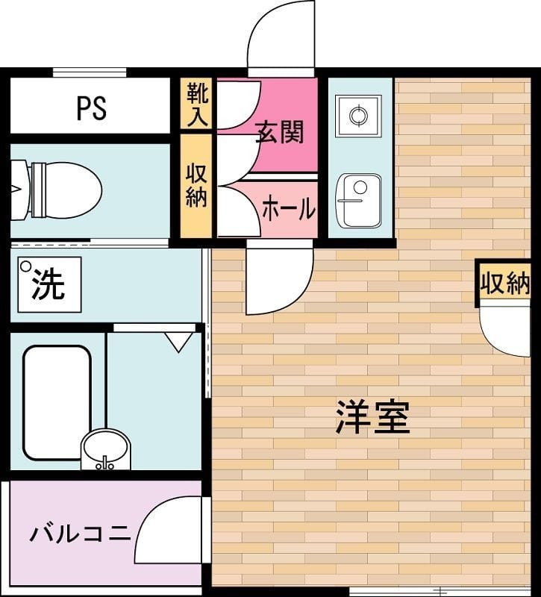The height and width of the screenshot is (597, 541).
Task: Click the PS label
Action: click(x=91, y=108)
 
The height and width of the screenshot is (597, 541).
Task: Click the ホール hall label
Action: click(x=289, y=208)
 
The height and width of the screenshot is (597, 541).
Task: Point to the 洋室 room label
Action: click(x=372, y=417)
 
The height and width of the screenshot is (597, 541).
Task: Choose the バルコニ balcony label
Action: click(x=80, y=533)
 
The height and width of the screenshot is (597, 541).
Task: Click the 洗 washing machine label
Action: click(x=48, y=286)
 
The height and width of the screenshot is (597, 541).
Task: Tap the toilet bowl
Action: click(x=57, y=190)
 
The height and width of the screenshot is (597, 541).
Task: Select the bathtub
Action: click(x=57, y=403)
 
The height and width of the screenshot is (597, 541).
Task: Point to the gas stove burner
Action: click(x=358, y=116)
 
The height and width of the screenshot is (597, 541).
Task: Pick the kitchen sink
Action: click(x=358, y=201)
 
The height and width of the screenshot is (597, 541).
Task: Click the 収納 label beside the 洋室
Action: click(x=505, y=283)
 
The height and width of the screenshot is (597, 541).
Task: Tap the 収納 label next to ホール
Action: click(x=196, y=185)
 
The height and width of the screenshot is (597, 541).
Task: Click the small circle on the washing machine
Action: click(x=26, y=266)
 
